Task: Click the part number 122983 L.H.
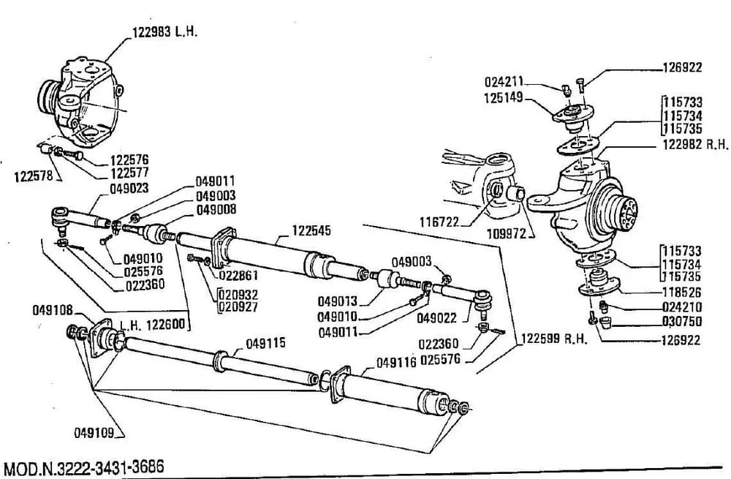[165, 32]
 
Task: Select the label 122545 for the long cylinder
[311, 230]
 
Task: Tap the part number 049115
[265, 343]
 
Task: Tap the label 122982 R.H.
[695, 145]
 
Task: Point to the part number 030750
[682, 320]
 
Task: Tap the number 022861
[238, 276]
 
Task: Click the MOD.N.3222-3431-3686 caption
[83, 466]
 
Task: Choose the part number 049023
[129, 187]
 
